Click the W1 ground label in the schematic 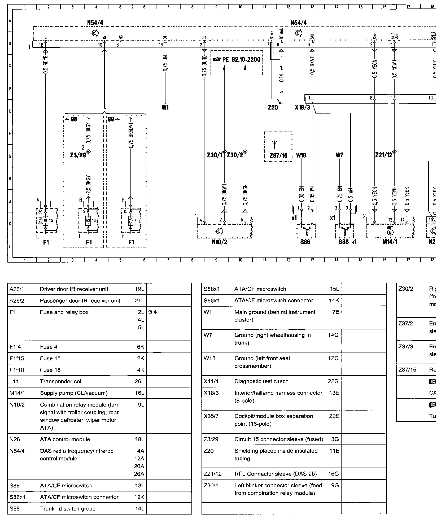click(x=165, y=107)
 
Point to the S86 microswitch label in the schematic click(x=305, y=242)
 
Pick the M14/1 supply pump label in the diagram click(x=390, y=242)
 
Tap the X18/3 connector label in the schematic click(x=302, y=108)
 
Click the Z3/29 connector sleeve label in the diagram click(x=78, y=155)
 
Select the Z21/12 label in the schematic click(x=383, y=155)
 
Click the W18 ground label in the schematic click(x=301, y=155)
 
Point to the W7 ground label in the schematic click(x=339, y=155)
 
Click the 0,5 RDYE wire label click(x=46, y=65)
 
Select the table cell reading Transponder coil click(x=61, y=381)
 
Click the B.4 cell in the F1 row click(x=153, y=312)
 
